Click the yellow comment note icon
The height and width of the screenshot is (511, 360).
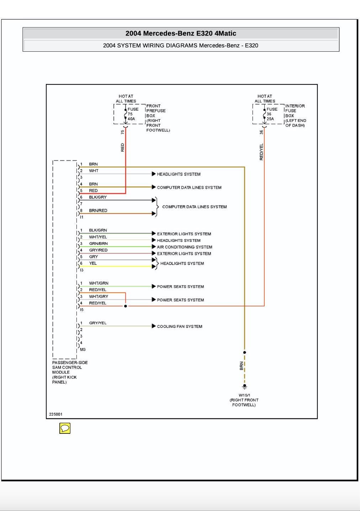65,428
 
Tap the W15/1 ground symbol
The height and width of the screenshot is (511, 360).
244,386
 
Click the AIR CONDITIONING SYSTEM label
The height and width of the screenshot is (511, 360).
185,247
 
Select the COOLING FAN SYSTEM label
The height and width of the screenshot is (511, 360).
180,326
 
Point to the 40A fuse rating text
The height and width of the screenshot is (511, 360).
131,119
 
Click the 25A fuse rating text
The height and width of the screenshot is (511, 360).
270,119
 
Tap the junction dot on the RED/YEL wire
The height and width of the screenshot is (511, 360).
126,306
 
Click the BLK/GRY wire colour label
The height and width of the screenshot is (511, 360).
98,197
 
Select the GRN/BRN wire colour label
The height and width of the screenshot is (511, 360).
98,243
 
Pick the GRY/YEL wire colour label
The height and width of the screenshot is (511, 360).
98,323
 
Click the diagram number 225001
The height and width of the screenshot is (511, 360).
56,414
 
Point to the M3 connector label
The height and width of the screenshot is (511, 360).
83,349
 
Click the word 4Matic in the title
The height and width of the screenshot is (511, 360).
225,33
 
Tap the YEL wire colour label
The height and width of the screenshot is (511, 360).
93,263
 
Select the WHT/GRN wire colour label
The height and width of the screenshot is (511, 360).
99,283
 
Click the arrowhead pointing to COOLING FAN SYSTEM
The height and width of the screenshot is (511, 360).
154,326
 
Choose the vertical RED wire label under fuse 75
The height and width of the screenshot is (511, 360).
123,147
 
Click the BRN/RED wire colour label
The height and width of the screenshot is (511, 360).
98,211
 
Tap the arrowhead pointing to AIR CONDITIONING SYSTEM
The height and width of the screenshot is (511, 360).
154,247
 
